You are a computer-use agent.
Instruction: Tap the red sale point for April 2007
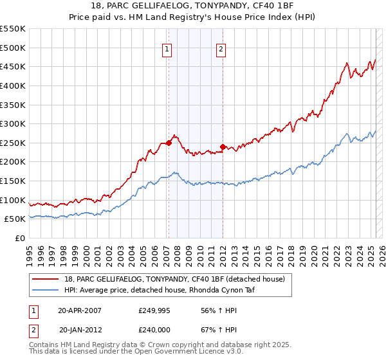coord(169,143)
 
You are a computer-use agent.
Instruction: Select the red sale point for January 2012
coord(223,147)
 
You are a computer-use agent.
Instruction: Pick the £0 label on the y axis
coord(21,238)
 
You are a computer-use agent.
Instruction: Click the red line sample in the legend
coord(46,278)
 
